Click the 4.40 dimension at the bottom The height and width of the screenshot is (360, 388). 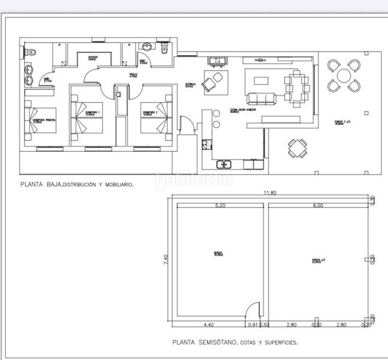pyautogui.click(x=208, y=325)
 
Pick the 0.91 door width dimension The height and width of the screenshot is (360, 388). pyautogui.click(x=252, y=325)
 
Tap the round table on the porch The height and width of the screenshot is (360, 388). pyautogui.click(x=344, y=75)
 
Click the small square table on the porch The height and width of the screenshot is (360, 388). pyautogui.click(x=297, y=148)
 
